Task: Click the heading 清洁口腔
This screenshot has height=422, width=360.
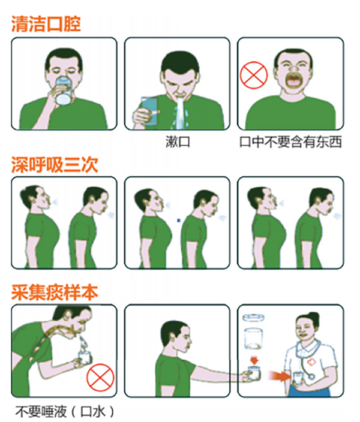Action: pos(46,24)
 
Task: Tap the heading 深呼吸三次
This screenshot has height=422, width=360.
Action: pos(55,164)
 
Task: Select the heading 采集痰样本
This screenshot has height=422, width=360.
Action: pos(55,293)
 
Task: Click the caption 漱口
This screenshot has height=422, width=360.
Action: pos(178,142)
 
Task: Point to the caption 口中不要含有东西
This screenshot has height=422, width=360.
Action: pos(291,142)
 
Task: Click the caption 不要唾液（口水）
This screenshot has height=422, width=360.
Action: pos(65,412)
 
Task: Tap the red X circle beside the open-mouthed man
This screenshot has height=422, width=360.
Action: pos(254,75)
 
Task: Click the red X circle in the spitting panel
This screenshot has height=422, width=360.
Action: pos(100,377)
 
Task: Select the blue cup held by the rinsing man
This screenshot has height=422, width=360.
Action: pos(149,111)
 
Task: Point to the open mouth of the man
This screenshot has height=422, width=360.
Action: pos(293,80)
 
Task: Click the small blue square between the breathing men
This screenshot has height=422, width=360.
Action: pos(178,221)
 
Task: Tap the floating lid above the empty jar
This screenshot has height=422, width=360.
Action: pos(253,318)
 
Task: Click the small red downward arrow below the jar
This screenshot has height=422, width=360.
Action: pos(254,360)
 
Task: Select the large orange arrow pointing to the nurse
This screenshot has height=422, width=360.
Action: pos(280,376)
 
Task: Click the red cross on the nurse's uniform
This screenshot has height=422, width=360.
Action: pos(311,362)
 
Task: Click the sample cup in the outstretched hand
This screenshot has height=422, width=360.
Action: pos(254,372)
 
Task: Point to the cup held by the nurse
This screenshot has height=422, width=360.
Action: pos(297,377)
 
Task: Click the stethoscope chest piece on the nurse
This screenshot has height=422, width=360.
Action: pos(311,376)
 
